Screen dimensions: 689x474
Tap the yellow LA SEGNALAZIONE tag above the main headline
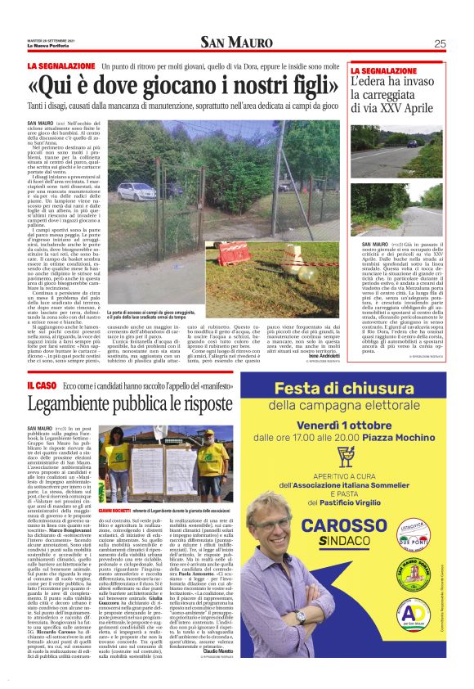point(60,65)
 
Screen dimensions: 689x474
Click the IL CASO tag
point(41,384)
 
